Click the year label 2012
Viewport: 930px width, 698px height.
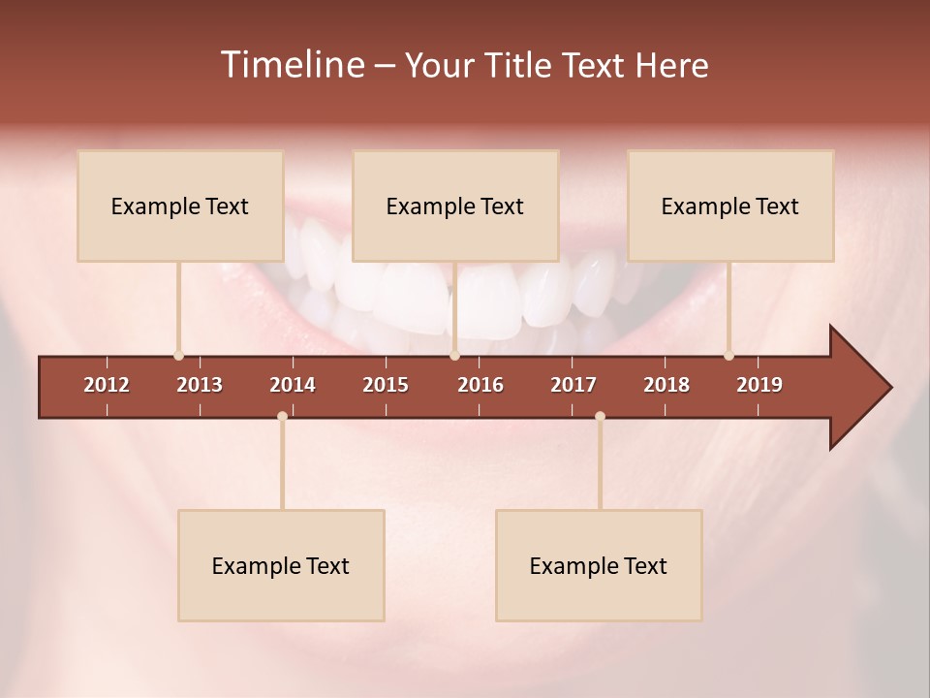click(107, 385)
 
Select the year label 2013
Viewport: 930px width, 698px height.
click(200, 385)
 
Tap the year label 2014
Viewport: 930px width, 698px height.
click(293, 385)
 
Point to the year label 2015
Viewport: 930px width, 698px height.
click(386, 385)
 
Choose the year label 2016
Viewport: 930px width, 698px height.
click(480, 385)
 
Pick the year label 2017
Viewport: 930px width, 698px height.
click(573, 385)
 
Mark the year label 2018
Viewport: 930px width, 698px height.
click(666, 385)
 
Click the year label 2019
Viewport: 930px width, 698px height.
click(759, 385)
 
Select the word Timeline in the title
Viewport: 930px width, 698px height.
click(291, 65)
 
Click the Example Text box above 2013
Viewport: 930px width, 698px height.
click(180, 206)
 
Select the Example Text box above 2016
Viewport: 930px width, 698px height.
click(455, 206)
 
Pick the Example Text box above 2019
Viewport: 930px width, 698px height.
click(730, 206)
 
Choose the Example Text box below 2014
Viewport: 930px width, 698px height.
click(281, 565)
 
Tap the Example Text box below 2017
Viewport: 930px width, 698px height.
click(599, 565)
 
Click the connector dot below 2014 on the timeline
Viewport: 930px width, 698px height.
click(282, 417)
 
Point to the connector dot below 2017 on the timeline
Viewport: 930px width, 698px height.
click(600, 417)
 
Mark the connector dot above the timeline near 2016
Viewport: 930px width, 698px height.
click(454, 356)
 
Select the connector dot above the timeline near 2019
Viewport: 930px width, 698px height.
click(728, 356)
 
